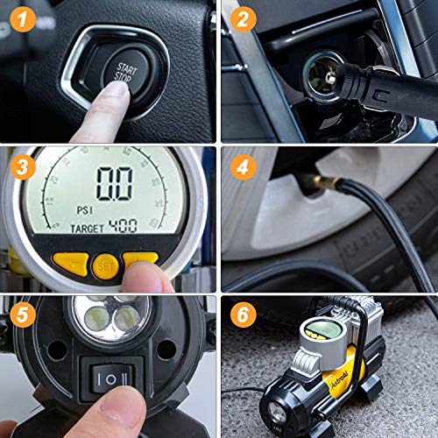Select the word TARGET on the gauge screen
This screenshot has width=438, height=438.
(x=88, y=227)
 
